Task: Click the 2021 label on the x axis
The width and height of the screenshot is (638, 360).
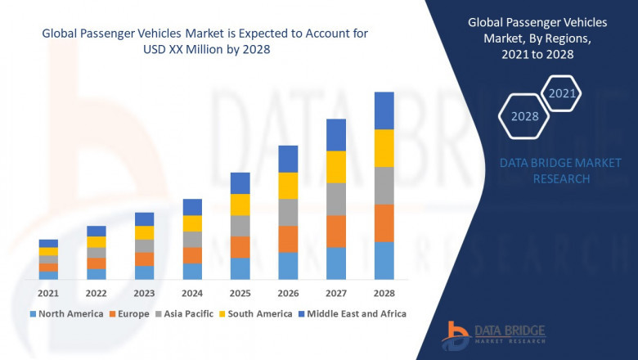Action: coord(48,293)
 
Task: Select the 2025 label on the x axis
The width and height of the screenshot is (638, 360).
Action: coord(240,293)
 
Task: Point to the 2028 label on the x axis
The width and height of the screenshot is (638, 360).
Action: coord(384,293)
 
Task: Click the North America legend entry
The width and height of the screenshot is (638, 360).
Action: coord(66,313)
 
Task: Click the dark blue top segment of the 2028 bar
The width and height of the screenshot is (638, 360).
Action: coord(384,110)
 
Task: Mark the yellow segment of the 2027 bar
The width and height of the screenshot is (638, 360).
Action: coord(336,167)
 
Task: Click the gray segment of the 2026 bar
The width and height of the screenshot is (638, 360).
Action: coord(288,212)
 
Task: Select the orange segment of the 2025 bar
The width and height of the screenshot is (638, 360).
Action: coord(240,247)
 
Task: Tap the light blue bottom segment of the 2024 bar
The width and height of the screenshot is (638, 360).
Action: coord(192,272)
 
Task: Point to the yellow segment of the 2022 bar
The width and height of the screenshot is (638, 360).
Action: coord(97,242)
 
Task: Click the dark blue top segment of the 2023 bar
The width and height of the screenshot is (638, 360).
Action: coord(144,218)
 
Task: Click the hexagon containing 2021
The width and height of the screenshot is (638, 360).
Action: coord(562,94)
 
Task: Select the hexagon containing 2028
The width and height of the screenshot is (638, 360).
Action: coord(525,116)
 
